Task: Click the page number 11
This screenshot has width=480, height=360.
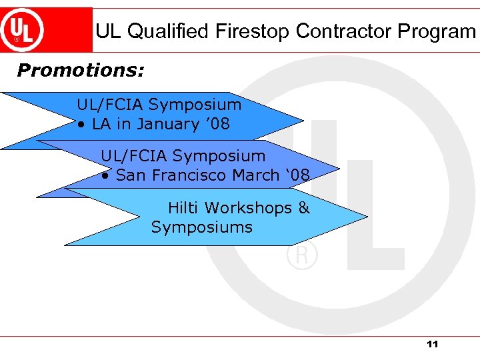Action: pyautogui.click(x=432, y=344)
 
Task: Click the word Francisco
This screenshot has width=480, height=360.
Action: pyautogui.click(x=189, y=175)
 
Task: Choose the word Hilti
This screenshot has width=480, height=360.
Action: pyautogui.click(x=183, y=208)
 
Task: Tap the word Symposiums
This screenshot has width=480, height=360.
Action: pyautogui.click(x=201, y=227)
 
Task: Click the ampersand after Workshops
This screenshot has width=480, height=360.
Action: pyautogui.click(x=304, y=208)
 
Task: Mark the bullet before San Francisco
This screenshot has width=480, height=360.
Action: pyautogui.click(x=105, y=176)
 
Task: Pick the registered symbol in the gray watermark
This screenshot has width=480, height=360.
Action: pyautogui.click(x=302, y=255)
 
